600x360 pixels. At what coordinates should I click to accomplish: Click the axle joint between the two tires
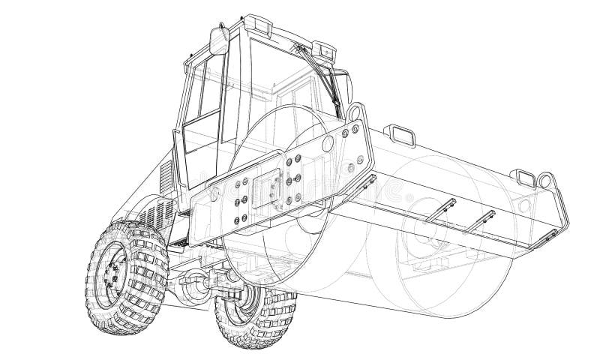[x=196, y=283]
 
